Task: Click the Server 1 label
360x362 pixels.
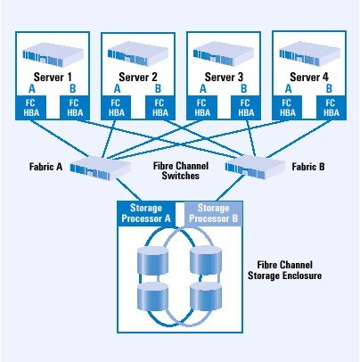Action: pyautogui.click(x=53, y=78)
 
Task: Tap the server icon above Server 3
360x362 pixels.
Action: pyautogui.click(x=224, y=54)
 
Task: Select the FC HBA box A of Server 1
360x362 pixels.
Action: pyautogui.click(x=31, y=108)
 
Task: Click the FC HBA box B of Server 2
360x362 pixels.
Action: pyautogui.click(x=160, y=108)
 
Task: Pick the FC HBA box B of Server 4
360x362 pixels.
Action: pyautogui.click(x=331, y=108)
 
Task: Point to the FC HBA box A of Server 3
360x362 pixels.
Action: pyautogui.click(x=201, y=108)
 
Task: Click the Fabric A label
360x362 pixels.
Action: pyautogui.click(x=45, y=167)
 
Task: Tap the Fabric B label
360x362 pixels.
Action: pyautogui.click(x=308, y=167)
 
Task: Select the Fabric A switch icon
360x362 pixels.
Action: pyautogui.click(x=101, y=168)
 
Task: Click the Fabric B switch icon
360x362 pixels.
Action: pyautogui.click(x=255, y=168)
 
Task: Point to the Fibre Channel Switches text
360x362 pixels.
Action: pyautogui.click(x=181, y=170)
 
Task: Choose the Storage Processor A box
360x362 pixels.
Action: pyautogui.click(x=146, y=213)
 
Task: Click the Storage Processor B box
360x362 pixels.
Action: pyautogui.click(x=213, y=213)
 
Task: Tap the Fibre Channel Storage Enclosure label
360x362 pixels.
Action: pyautogui.click(x=284, y=270)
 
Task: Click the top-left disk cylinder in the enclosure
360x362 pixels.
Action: pyautogui.click(x=152, y=260)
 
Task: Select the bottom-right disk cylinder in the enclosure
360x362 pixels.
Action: pyautogui.click(x=206, y=296)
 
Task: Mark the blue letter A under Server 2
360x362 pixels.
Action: pyautogui.click(x=118, y=88)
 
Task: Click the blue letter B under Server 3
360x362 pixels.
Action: pyautogui.click(x=243, y=88)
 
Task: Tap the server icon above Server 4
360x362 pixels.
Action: pyautogui.click(x=309, y=53)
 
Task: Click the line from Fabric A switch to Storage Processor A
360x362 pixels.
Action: pyautogui.click(x=128, y=190)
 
